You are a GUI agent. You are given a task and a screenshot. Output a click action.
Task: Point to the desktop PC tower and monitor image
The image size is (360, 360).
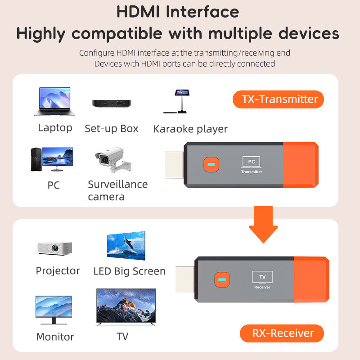pyautogui.click(x=51, y=159)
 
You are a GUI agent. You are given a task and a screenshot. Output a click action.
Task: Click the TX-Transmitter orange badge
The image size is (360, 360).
pyautogui.click(x=278, y=99)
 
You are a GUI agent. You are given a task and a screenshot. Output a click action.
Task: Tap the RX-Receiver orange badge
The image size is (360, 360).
pyautogui.click(x=282, y=333)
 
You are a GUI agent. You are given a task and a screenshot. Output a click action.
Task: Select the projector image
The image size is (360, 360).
pyautogui.click(x=54, y=247)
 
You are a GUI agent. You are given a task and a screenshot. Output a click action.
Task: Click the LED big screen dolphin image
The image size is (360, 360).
pyautogui.click(x=126, y=246)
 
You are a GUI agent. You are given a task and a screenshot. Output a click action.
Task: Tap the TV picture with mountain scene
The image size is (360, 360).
pyautogui.click(x=126, y=307)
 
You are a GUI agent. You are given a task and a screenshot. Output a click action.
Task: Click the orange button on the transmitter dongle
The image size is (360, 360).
pyautogui.click(x=210, y=164)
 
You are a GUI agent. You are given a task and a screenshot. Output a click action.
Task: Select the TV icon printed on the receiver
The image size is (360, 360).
pyautogui.click(x=262, y=277)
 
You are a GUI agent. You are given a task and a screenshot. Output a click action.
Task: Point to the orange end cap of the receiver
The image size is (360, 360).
pyautogui.click(x=310, y=279)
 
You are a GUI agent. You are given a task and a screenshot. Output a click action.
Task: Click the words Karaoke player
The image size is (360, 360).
pyautogui.click(x=190, y=129)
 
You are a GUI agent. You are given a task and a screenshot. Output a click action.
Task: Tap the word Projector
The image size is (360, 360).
pyautogui.click(x=58, y=271)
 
